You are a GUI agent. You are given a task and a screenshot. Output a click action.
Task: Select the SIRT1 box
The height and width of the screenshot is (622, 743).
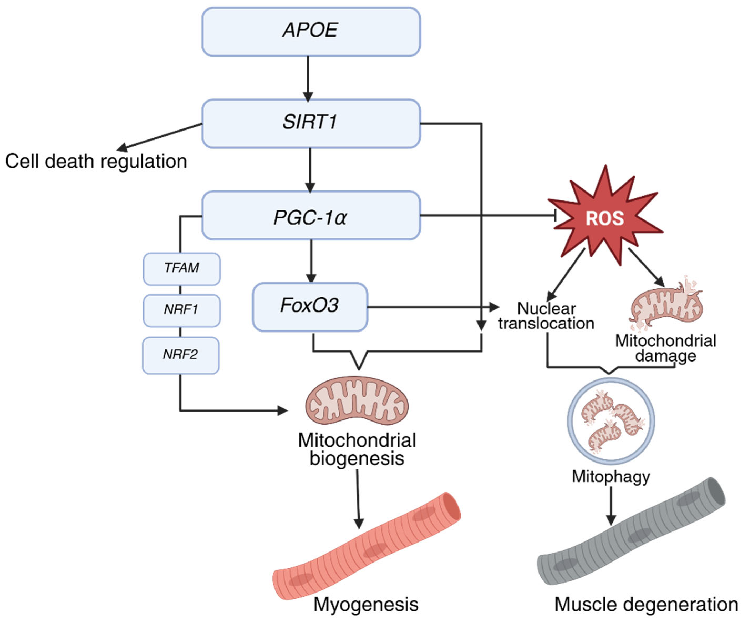(x=311, y=123)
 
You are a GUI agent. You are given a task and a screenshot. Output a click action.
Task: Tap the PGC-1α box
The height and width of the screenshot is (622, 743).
(x=311, y=216)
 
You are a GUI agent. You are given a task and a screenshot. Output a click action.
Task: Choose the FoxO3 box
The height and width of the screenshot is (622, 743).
(x=310, y=307)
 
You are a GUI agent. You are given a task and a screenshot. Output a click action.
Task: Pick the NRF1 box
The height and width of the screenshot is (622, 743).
(x=181, y=310)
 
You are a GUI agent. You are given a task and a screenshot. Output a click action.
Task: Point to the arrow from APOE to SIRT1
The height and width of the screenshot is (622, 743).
(x=308, y=78)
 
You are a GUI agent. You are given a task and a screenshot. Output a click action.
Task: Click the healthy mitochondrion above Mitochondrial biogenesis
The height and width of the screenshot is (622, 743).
(x=357, y=401)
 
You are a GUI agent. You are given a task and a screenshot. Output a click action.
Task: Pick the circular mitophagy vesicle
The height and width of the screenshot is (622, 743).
(x=611, y=421)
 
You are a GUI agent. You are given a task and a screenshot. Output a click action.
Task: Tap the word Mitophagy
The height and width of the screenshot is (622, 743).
(x=611, y=476)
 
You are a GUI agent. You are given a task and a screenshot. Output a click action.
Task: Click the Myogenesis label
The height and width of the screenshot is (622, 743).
(x=366, y=604)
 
